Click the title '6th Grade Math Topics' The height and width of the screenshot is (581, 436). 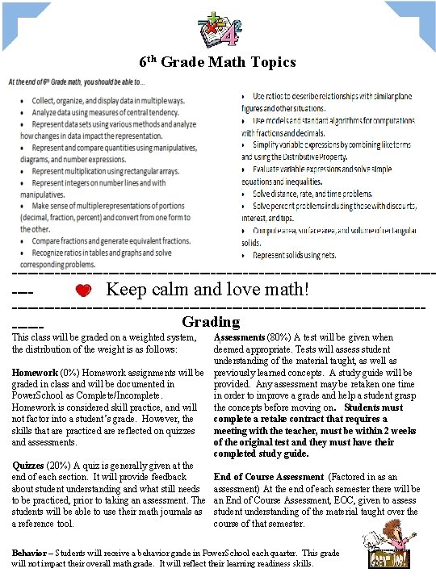click(217, 61)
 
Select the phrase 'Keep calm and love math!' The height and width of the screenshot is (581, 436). click(208, 289)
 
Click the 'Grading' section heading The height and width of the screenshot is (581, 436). click(211, 321)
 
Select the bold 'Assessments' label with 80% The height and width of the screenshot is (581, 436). click(240, 337)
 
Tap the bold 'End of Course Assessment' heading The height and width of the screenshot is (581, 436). click(266, 477)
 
